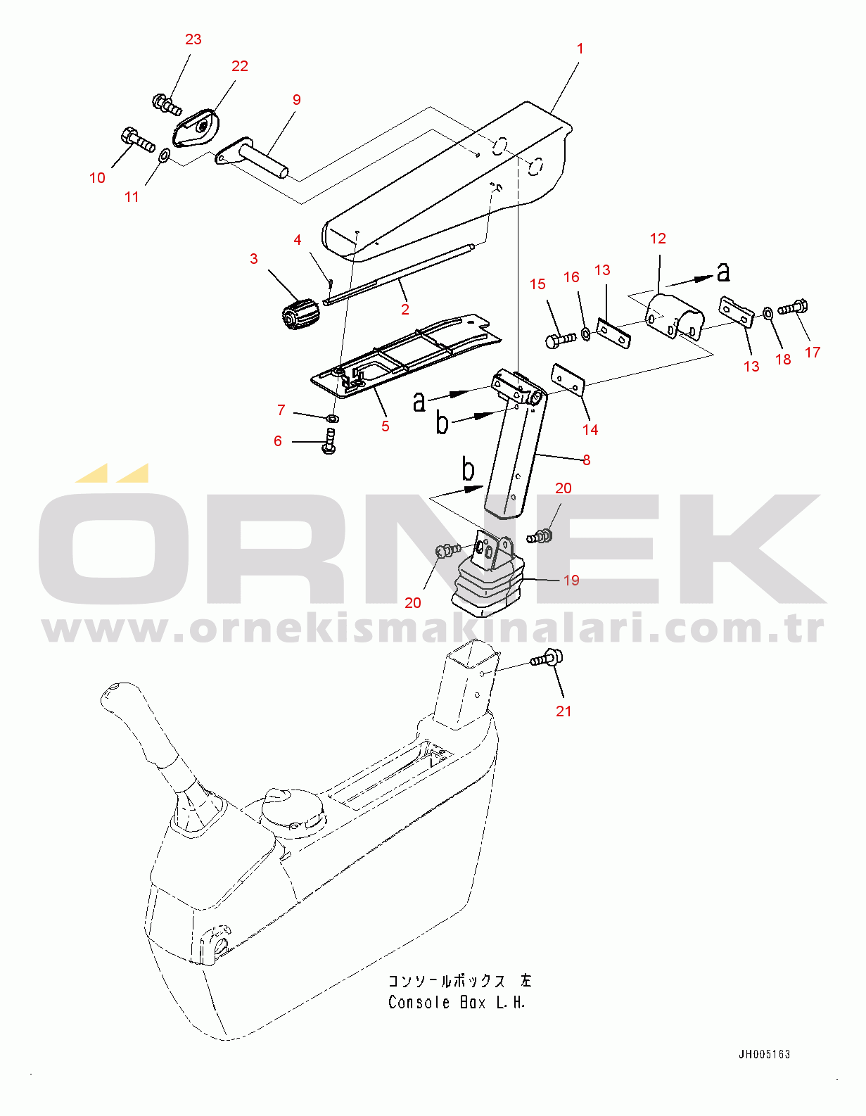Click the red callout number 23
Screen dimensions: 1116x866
(x=193, y=39)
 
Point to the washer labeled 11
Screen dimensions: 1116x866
(x=163, y=155)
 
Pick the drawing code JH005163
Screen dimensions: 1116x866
(x=764, y=1054)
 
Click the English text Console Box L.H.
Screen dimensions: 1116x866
(x=457, y=1003)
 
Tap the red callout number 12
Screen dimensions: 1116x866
(x=658, y=239)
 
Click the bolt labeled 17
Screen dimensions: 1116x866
(x=793, y=307)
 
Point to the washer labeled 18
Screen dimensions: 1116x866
(x=768, y=312)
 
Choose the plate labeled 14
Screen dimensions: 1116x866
(x=568, y=379)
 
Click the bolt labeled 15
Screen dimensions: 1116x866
(x=560, y=340)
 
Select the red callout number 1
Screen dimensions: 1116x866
(x=580, y=49)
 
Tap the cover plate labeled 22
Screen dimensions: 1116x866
(x=197, y=128)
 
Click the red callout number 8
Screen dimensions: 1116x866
(x=586, y=460)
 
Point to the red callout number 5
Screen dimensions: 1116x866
(x=385, y=426)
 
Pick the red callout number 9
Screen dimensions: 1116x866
(x=296, y=100)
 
